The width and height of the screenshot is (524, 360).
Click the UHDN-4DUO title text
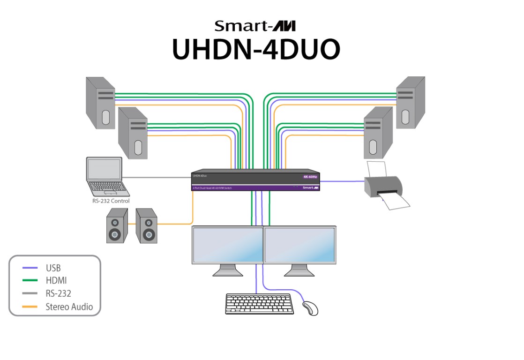pos(256,48)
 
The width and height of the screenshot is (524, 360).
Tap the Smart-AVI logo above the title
pos(255,26)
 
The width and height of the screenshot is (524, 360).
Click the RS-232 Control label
pos(111,201)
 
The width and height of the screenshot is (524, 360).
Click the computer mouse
pos(310,308)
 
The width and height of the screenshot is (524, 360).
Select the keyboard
pos(260,304)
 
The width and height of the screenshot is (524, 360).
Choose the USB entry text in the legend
pos(53,269)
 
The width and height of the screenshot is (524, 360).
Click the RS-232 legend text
pos(59,294)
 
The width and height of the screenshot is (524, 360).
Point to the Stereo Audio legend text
pos(69,307)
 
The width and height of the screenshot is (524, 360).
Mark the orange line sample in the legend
pos(30,307)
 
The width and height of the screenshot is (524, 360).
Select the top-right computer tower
pos(411,102)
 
